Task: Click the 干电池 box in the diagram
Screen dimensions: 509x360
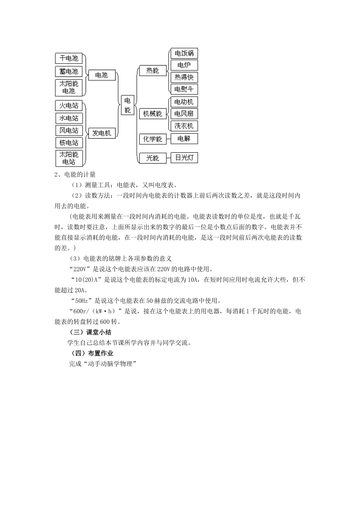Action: point(69,58)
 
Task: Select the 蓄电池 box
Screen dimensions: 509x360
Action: point(69,71)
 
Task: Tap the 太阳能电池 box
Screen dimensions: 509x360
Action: point(69,87)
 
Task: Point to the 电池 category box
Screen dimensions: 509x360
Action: point(102,75)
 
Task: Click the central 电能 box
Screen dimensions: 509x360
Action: point(127,105)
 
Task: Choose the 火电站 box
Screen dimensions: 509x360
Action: point(69,105)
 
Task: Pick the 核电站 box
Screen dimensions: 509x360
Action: point(69,143)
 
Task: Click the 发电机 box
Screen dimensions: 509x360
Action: point(102,133)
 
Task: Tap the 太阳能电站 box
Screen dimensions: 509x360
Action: point(69,158)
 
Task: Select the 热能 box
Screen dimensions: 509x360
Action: point(153,70)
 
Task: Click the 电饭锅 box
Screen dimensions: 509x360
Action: point(184,53)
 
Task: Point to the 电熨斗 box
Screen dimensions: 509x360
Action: point(184,89)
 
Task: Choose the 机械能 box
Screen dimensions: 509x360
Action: point(153,114)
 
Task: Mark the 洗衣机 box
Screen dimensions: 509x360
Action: point(184,126)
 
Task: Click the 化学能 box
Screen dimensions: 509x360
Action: point(153,139)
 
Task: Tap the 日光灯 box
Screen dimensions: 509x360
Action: point(184,158)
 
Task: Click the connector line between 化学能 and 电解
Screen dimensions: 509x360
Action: point(168,139)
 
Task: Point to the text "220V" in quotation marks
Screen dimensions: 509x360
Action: point(80,269)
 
